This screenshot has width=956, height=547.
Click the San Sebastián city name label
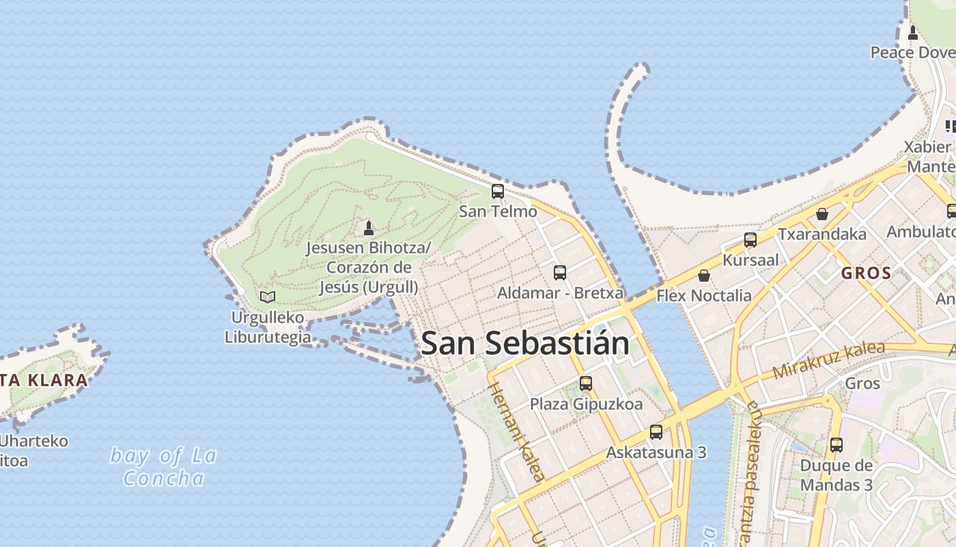(x=525, y=343)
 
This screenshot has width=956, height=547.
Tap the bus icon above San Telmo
(x=498, y=191)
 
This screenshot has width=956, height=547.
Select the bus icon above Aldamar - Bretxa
(x=560, y=273)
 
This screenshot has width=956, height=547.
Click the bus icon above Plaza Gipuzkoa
(x=586, y=384)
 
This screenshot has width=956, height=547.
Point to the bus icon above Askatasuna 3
(x=656, y=432)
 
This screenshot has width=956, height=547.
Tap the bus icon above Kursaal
(x=750, y=240)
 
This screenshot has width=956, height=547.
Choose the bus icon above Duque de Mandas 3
(x=836, y=445)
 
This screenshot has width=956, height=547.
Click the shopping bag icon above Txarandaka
(x=822, y=214)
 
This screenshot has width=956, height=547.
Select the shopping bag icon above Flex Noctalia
(x=704, y=276)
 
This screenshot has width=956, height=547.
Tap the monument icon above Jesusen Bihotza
(x=369, y=227)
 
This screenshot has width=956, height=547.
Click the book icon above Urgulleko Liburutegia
(x=268, y=297)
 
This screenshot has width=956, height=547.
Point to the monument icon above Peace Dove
(x=913, y=32)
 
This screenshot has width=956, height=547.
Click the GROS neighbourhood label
(x=866, y=273)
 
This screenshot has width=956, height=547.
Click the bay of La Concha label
(x=164, y=466)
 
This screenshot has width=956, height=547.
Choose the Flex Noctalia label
(x=704, y=295)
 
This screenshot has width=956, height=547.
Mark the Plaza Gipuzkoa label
(x=586, y=404)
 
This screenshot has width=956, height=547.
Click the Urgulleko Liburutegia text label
(x=268, y=327)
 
